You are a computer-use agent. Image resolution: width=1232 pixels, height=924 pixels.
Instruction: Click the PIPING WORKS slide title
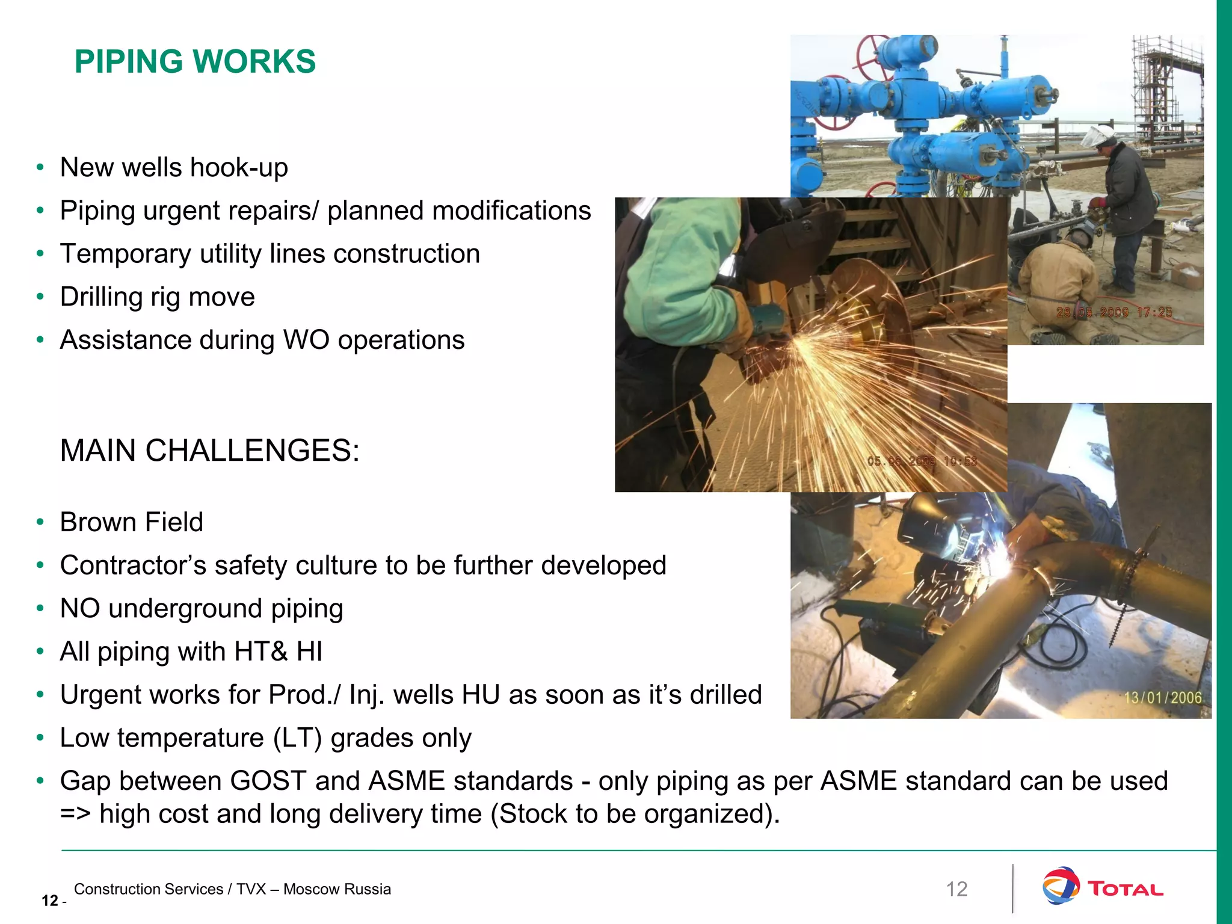click(x=195, y=61)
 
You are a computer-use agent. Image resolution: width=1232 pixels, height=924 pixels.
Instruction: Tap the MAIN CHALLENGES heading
click(x=209, y=451)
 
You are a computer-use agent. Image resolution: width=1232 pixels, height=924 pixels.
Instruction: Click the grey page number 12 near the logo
click(x=956, y=889)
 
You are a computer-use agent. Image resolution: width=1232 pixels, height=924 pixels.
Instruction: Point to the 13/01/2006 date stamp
click(x=1163, y=698)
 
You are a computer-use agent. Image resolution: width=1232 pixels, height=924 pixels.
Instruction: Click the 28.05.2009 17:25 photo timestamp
click(x=1114, y=312)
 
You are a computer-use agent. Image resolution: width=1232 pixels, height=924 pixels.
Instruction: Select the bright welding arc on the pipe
click(x=993, y=562)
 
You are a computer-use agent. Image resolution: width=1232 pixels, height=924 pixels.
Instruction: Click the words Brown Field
click(x=131, y=522)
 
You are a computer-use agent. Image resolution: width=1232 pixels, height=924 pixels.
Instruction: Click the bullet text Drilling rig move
click(x=157, y=297)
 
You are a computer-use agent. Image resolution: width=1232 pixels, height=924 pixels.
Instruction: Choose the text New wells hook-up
click(x=174, y=167)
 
